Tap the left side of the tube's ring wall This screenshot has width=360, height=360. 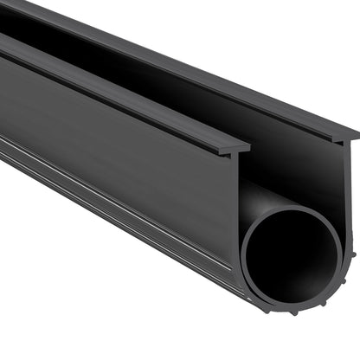pyautogui.click(x=245, y=256)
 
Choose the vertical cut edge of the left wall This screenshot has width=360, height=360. pyautogui.click(x=237, y=208)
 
